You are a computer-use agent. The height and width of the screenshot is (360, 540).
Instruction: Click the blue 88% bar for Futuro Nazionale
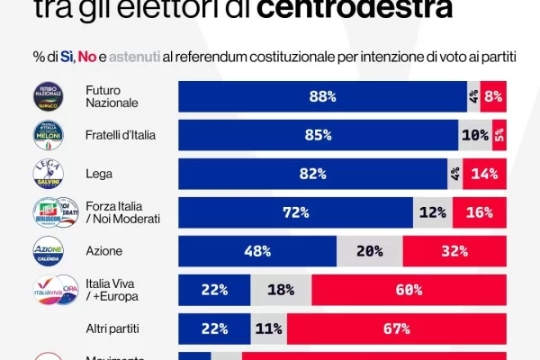[x=322, y=96]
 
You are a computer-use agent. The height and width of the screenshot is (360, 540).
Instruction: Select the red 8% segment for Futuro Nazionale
[x=493, y=96]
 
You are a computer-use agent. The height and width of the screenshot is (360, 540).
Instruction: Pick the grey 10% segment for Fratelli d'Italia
[x=474, y=135]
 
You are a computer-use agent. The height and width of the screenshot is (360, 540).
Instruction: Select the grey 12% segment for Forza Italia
[x=433, y=212]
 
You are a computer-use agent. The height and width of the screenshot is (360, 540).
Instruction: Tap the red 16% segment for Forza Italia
[x=480, y=212]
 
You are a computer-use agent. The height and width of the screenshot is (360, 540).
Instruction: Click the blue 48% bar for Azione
[x=257, y=251]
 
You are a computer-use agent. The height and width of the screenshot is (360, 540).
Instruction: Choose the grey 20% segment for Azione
[x=369, y=251]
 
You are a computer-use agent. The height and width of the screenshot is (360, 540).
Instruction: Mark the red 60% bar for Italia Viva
[x=409, y=290]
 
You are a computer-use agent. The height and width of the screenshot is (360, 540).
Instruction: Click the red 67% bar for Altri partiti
[x=397, y=328]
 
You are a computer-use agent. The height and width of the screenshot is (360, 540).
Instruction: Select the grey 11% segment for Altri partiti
[x=269, y=328]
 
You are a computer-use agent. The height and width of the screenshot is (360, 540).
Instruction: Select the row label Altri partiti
[x=115, y=328]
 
